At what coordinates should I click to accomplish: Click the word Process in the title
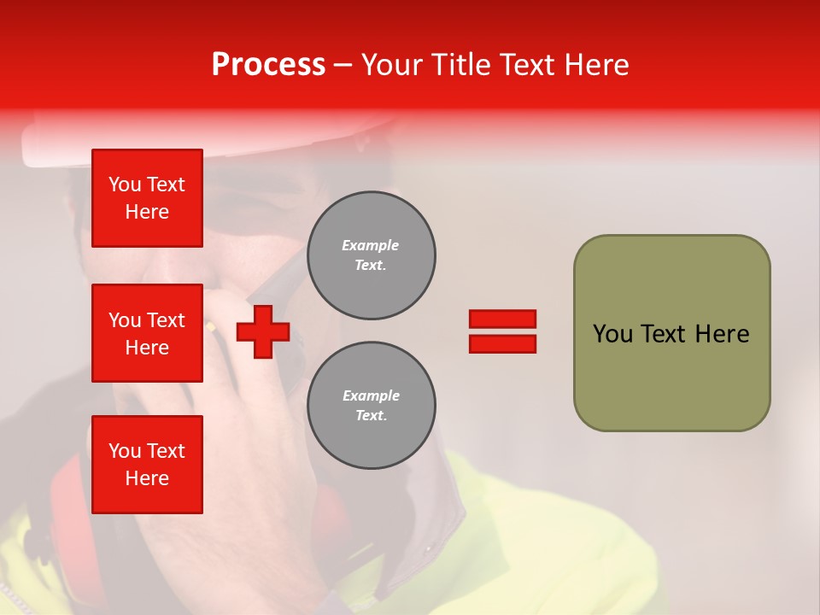tap(268, 65)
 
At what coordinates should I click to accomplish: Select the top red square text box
tap(147, 198)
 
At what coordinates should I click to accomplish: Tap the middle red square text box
tap(147, 333)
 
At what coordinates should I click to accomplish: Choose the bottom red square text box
tap(147, 465)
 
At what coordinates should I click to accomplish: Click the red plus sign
tap(263, 331)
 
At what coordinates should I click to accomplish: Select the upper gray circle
tap(371, 255)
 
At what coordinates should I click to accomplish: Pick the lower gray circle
tap(371, 406)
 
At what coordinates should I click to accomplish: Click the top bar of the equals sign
tap(502, 319)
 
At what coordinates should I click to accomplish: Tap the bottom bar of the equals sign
tap(502, 343)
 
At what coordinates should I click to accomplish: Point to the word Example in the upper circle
tap(371, 246)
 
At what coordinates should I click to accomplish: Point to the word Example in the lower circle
tap(371, 396)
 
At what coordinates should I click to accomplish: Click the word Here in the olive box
tap(722, 334)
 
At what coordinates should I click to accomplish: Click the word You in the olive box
tap(612, 334)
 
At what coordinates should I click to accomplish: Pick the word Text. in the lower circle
tap(371, 416)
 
